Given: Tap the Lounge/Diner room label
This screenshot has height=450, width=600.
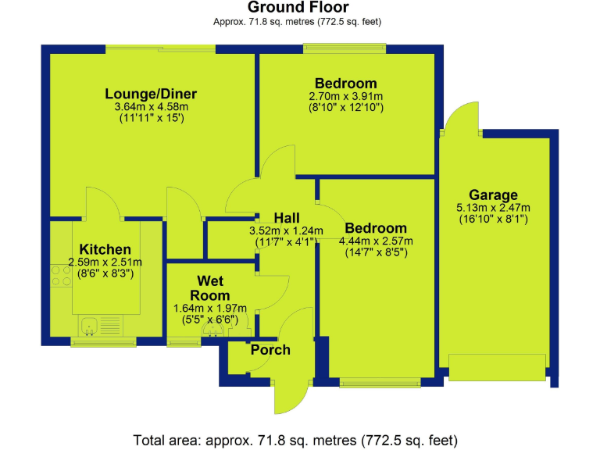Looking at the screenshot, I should [151, 95].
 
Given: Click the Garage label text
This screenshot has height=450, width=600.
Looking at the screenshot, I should [493, 195].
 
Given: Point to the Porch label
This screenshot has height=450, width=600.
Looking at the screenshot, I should [270, 349].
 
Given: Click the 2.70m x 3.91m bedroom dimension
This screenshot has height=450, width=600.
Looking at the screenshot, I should [345, 96].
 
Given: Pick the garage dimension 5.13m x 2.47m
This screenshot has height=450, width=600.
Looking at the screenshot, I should [493, 208].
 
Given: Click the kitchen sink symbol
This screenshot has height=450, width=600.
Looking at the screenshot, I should [90, 325].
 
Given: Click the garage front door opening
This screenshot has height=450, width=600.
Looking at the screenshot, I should [497, 367].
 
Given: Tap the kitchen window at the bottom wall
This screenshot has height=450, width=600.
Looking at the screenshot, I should [103, 341].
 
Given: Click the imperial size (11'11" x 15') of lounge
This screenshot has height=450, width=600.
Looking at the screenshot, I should [151, 119].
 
